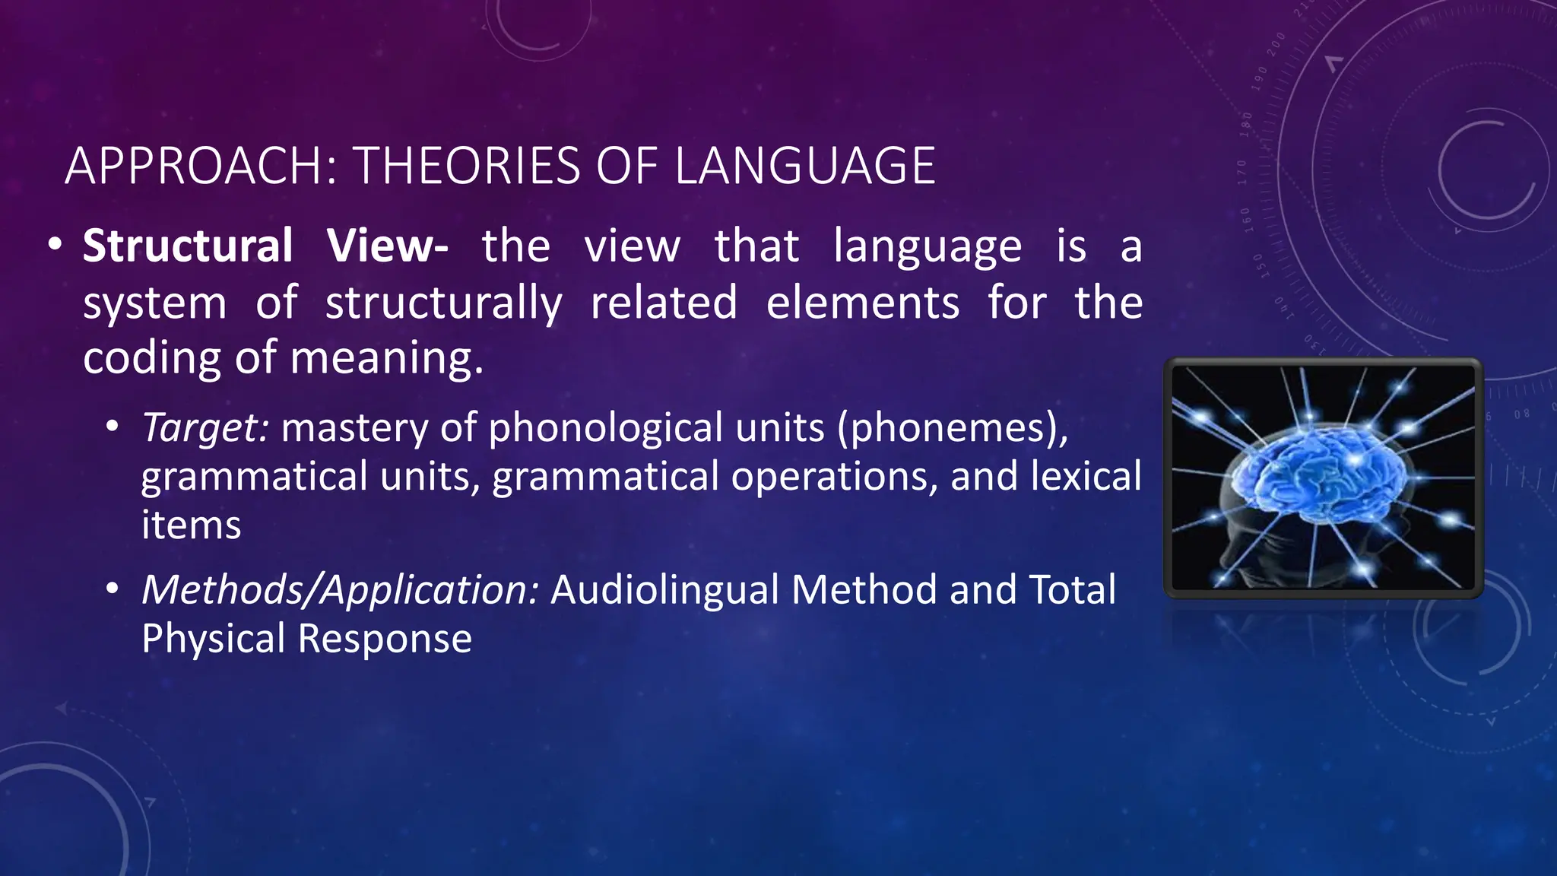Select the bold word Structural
click(x=188, y=246)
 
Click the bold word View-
click(x=387, y=246)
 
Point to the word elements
click(x=862, y=303)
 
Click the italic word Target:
click(x=205, y=427)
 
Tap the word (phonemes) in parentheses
click(x=952, y=427)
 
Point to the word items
click(x=191, y=525)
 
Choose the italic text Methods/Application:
click(x=340, y=590)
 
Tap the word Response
click(x=385, y=639)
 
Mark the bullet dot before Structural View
click(x=54, y=246)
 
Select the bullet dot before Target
click(x=113, y=427)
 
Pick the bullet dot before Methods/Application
click(x=113, y=589)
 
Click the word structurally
click(x=443, y=303)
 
